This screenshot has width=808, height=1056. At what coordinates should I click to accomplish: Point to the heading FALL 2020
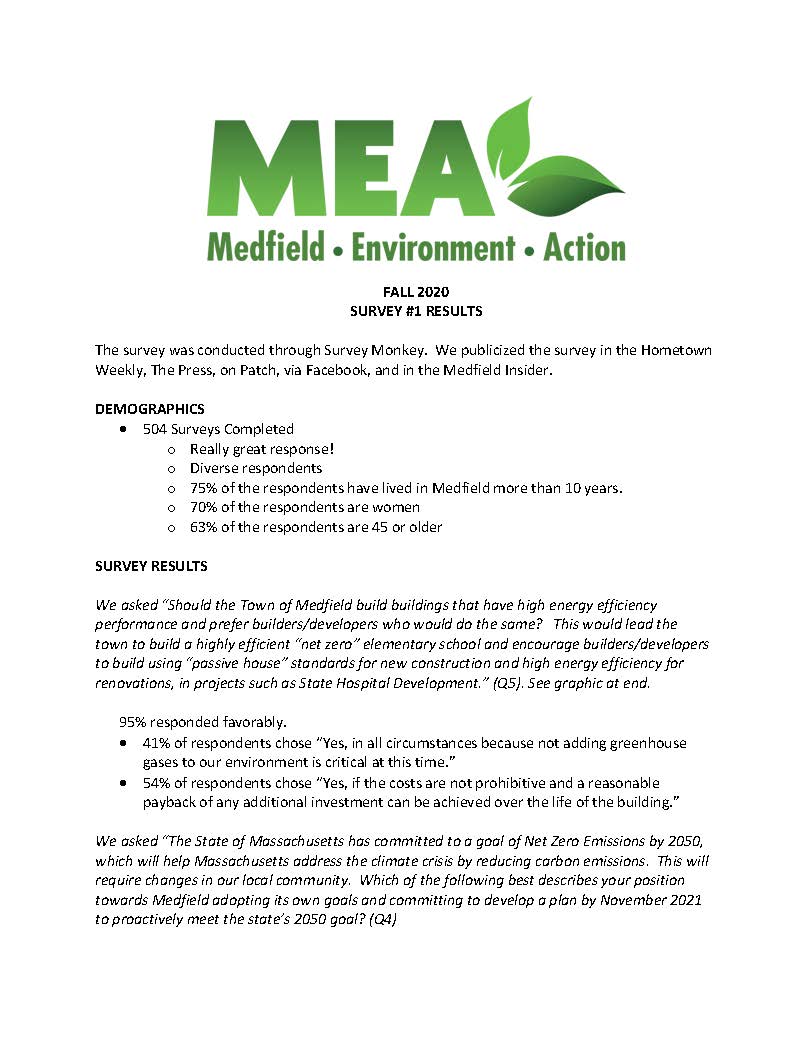(x=416, y=292)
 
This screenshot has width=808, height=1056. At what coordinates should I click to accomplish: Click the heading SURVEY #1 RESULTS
(x=416, y=311)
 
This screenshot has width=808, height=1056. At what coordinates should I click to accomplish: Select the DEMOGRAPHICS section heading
(x=150, y=409)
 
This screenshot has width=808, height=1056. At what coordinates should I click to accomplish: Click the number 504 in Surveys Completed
(x=155, y=429)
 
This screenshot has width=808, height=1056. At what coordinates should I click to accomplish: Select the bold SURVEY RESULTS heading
(x=151, y=566)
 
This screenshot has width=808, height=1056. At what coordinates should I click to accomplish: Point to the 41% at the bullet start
(x=155, y=743)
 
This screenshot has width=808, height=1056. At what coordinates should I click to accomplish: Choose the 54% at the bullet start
(x=155, y=782)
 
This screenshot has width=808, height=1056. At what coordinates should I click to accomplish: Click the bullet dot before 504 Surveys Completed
(x=122, y=430)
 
